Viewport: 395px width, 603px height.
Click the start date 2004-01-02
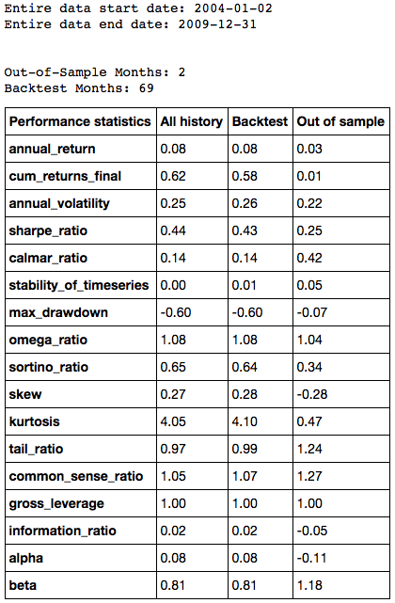[x=233, y=8]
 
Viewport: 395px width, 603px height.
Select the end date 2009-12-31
[x=217, y=24]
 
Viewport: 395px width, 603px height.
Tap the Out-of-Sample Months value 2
[x=182, y=72]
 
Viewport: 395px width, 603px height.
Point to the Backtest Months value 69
[x=146, y=88]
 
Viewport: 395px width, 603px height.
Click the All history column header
[x=192, y=121]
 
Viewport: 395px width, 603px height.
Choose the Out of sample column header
[x=340, y=121]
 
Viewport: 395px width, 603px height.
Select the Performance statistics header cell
[x=80, y=121]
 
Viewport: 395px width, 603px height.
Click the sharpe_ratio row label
[x=48, y=230]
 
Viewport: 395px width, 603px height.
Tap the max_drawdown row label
[x=58, y=312]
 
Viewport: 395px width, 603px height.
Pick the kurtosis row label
[x=34, y=421]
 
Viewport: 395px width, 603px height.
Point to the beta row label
[x=23, y=585]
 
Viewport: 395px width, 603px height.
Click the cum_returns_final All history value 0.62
[x=173, y=176]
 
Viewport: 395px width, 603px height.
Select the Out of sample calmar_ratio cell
[x=341, y=258]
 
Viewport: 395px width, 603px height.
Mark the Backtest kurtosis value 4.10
[x=245, y=421]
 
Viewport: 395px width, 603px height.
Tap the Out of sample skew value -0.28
[x=312, y=394]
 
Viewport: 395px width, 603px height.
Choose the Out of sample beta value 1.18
[x=309, y=585]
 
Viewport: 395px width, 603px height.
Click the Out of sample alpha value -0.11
[x=311, y=558]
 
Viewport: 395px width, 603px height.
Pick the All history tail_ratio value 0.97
[x=173, y=449]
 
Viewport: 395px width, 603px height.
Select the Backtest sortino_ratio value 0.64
[x=245, y=367]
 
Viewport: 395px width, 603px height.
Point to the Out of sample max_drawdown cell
[x=341, y=312]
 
